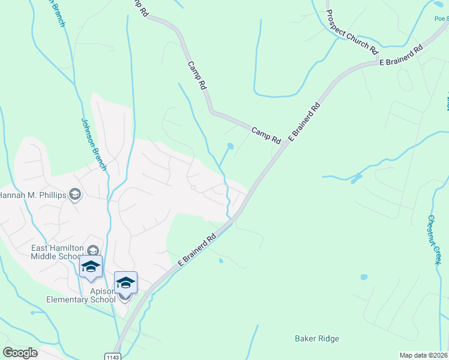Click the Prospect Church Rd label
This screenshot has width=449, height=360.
[x=352, y=31]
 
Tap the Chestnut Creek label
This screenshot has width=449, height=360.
[x=435, y=239]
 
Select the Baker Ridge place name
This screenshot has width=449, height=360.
[x=317, y=338]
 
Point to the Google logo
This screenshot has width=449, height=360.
[x=20, y=353]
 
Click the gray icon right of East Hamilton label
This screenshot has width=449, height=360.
[x=93, y=250]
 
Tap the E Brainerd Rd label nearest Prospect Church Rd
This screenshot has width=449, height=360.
[x=400, y=55]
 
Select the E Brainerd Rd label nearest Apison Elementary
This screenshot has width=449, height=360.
[x=196, y=250]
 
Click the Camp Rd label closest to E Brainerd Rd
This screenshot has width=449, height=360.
[x=266, y=134]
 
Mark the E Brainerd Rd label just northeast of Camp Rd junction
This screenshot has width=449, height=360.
[x=305, y=122]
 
